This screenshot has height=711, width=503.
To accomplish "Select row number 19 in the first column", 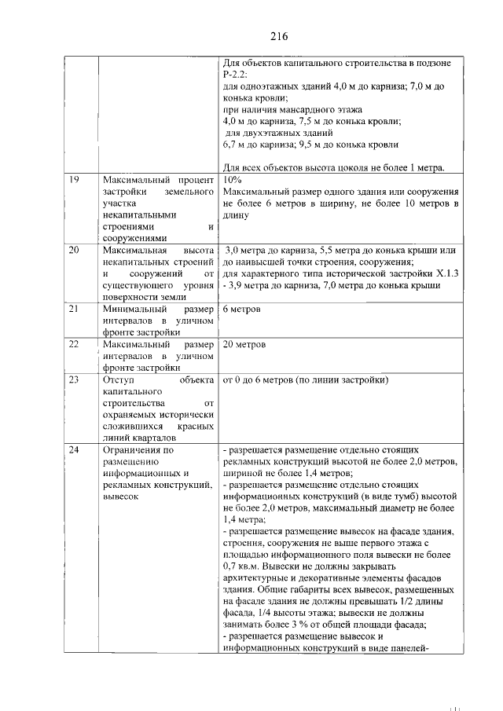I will tap(74, 180).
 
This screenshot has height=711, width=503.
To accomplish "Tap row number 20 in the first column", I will tap(74, 251).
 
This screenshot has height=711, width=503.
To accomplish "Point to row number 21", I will tap(74, 309).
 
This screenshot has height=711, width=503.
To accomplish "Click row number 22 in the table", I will tap(74, 345).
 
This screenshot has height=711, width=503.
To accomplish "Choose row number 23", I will tap(74, 381).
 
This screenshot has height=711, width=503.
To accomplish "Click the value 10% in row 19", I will tap(233, 180).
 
